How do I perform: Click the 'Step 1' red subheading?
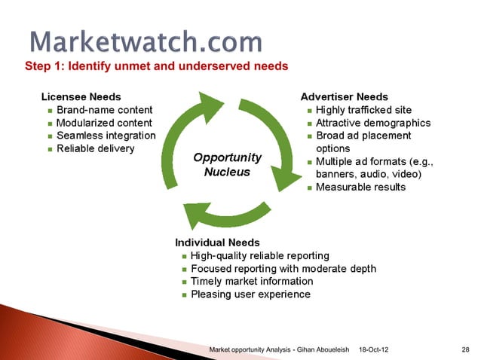157,66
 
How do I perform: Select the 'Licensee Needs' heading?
81,97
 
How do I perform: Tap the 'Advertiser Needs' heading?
345,97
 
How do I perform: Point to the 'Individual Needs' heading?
217,243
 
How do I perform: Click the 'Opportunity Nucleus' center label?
227,165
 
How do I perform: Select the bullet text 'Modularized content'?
104,123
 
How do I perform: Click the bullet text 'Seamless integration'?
106,136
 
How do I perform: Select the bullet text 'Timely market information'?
252,282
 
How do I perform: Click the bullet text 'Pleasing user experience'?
250,294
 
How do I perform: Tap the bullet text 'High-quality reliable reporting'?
259,256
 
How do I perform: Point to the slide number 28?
465,350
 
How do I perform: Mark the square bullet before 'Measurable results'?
309,188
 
